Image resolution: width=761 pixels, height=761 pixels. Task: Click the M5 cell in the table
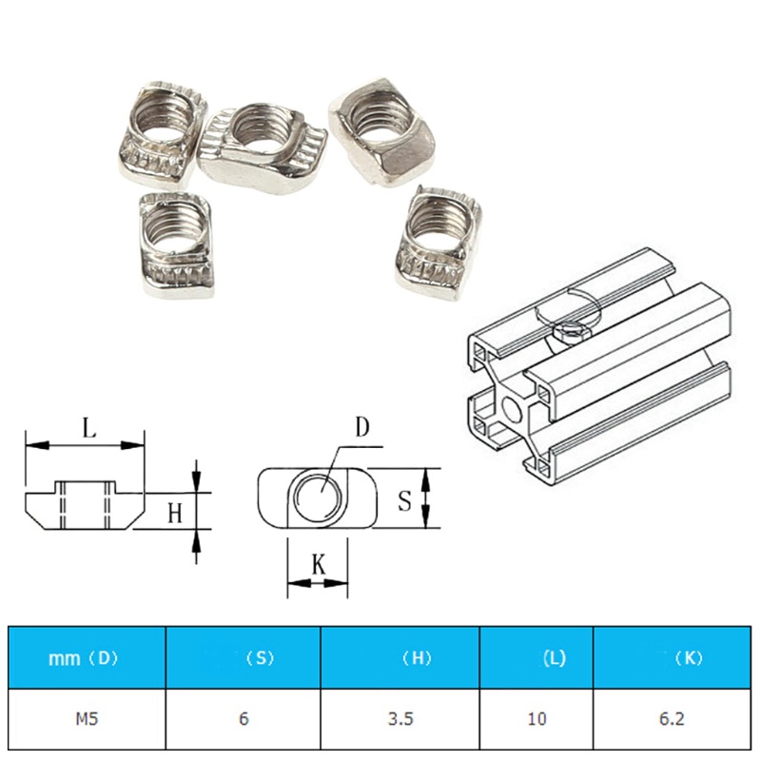tap(88, 718)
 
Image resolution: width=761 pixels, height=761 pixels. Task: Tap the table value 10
tap(537, 718)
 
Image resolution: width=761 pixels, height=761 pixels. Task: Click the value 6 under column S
tap(244, 718)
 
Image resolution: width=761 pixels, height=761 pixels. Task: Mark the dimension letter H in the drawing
tap(174, 514)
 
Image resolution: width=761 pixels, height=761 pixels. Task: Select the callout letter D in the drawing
tap(361, 427)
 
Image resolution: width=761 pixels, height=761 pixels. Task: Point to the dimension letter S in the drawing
tap(404, 499)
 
